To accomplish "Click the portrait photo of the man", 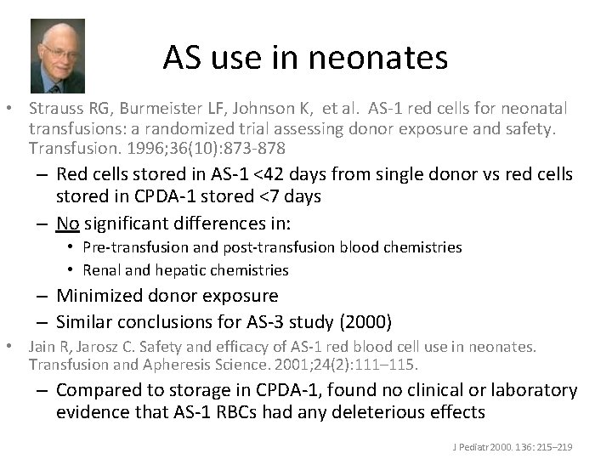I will (58, 56).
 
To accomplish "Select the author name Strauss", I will (54, 109).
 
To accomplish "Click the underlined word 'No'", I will (67, 224).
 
